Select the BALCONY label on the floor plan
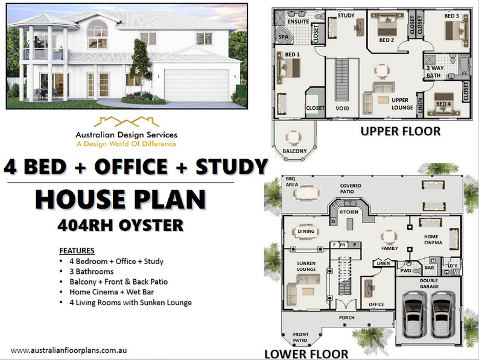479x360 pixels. pos(295,151)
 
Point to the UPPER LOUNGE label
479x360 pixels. pos(401,104)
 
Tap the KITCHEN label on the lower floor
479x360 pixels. pos(348,212)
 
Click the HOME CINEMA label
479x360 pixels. pos(433,239)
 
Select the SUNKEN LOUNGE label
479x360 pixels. pos(306,266)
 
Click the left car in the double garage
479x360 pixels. pos(413,314)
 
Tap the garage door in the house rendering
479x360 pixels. pos(197,85)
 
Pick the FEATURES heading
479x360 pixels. pos(77,250)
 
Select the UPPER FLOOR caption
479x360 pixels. pos(400,131)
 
